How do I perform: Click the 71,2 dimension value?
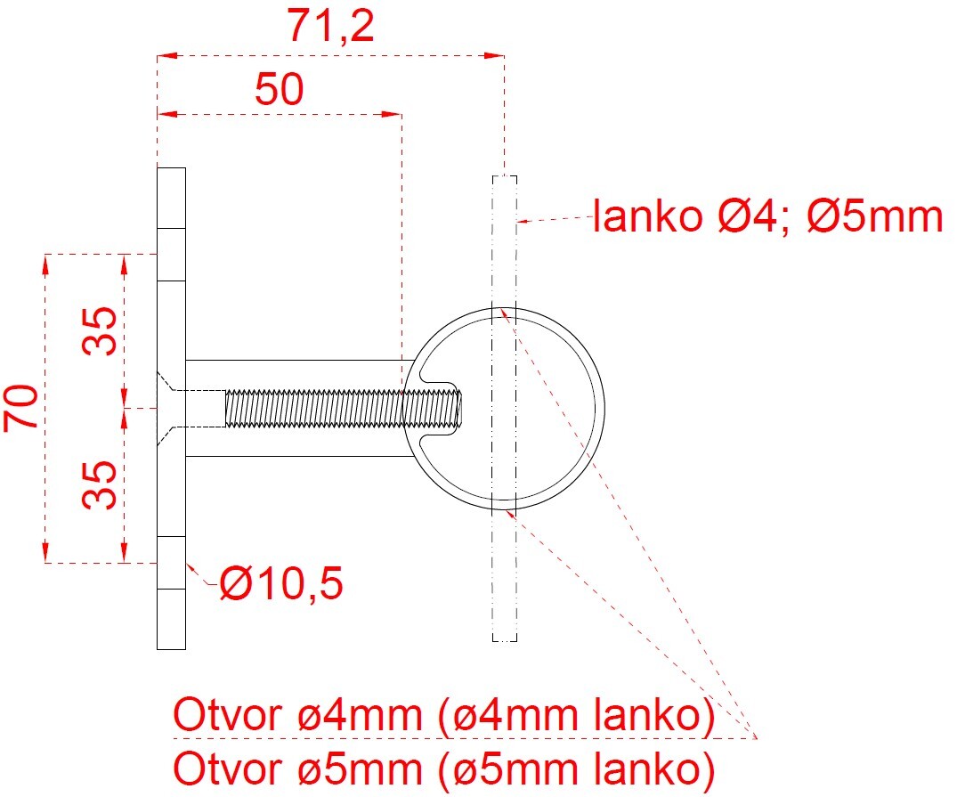pyautogui.click(x=331, y=28)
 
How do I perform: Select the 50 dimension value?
pyautogui.click(x=279, y=89)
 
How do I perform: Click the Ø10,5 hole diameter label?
pyautogui.click(x=281, y=585)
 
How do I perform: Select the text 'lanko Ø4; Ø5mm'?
pyautogui.click(x=767, y=217)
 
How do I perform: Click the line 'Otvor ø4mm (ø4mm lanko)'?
pyautogui.click(x=443, y=717)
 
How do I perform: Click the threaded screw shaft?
pyautogui.click(x=338, y=408)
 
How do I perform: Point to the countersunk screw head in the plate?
pyautogui.click(x=171, y=408)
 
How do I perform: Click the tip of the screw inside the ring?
pyautogui.click(x=458, y=408)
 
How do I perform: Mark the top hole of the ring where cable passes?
pyautogui.click(x=504, y=310)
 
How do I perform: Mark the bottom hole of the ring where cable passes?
pyautogui.click(x=504, y=508)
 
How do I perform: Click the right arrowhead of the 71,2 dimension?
pyautogui.click(x=498, y=55)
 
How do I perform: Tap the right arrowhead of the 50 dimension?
pyautogui.click(x=394, y=114)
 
